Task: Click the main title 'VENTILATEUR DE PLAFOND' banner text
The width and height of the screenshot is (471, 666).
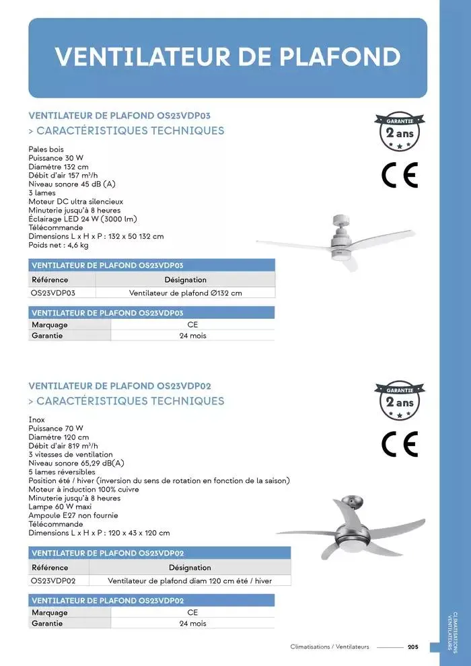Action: coord(227,57)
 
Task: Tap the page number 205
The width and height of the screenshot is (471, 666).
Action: coord(413,647)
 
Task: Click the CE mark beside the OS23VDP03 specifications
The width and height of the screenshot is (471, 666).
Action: coord(400,175)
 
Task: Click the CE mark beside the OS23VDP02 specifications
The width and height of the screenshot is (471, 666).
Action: coord(400,444)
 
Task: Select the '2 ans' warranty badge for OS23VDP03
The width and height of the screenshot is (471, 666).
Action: coord(400,132)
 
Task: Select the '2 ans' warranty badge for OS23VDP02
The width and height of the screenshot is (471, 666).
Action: coord(400,402)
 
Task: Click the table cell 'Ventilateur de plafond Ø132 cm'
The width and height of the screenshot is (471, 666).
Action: coord(185,293)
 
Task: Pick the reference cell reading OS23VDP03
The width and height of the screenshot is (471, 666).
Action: coord(53,293)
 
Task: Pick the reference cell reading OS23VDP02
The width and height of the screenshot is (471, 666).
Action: coord(53,581)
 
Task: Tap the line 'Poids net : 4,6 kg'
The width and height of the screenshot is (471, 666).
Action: coord(59,245)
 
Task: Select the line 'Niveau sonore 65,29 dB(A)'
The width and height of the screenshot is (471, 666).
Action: coord(76,463)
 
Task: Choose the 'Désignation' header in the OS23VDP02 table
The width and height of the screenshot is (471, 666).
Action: coord(190,568)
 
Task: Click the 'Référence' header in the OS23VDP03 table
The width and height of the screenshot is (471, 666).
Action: coord(50,280)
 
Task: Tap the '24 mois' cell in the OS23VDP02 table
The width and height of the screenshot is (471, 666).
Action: coord(192,624)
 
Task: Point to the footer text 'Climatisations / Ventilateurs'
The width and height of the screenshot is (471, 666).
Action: coord(330,647)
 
